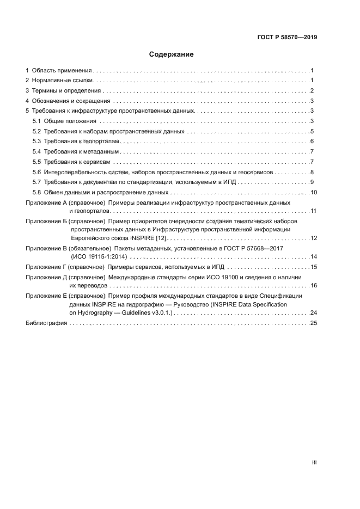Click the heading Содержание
coord(172,54)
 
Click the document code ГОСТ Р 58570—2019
coord(286,38)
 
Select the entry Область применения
coord(62,71)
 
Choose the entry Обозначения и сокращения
coord(71,101)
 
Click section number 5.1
coord(36,121)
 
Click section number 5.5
coord(36,162)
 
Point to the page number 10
coord(313,192)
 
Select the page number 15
coord(313,267)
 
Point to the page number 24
coord(313,312)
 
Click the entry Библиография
coord(46,323)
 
